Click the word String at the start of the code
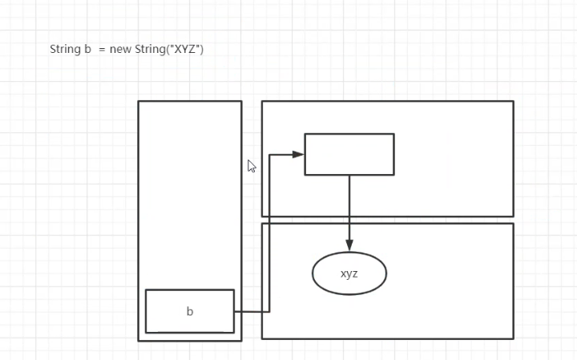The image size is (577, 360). point(65,50)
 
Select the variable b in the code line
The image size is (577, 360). point(87,50)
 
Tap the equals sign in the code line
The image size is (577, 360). point(102,50)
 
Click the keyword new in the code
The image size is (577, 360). point(121,50)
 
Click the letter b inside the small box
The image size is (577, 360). point(190,312)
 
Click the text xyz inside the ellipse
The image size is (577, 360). point(349,273)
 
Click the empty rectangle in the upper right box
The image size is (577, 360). point(349,154)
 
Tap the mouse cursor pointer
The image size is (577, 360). point(251,166)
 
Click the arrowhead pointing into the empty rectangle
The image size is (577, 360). point(299,154)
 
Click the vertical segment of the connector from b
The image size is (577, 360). point(269,233)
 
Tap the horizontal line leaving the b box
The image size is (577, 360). point(251,311)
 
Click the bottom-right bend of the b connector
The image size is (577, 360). point(269,311)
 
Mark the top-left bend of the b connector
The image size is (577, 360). point(269,154)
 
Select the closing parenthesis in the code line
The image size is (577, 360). point(202,50)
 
